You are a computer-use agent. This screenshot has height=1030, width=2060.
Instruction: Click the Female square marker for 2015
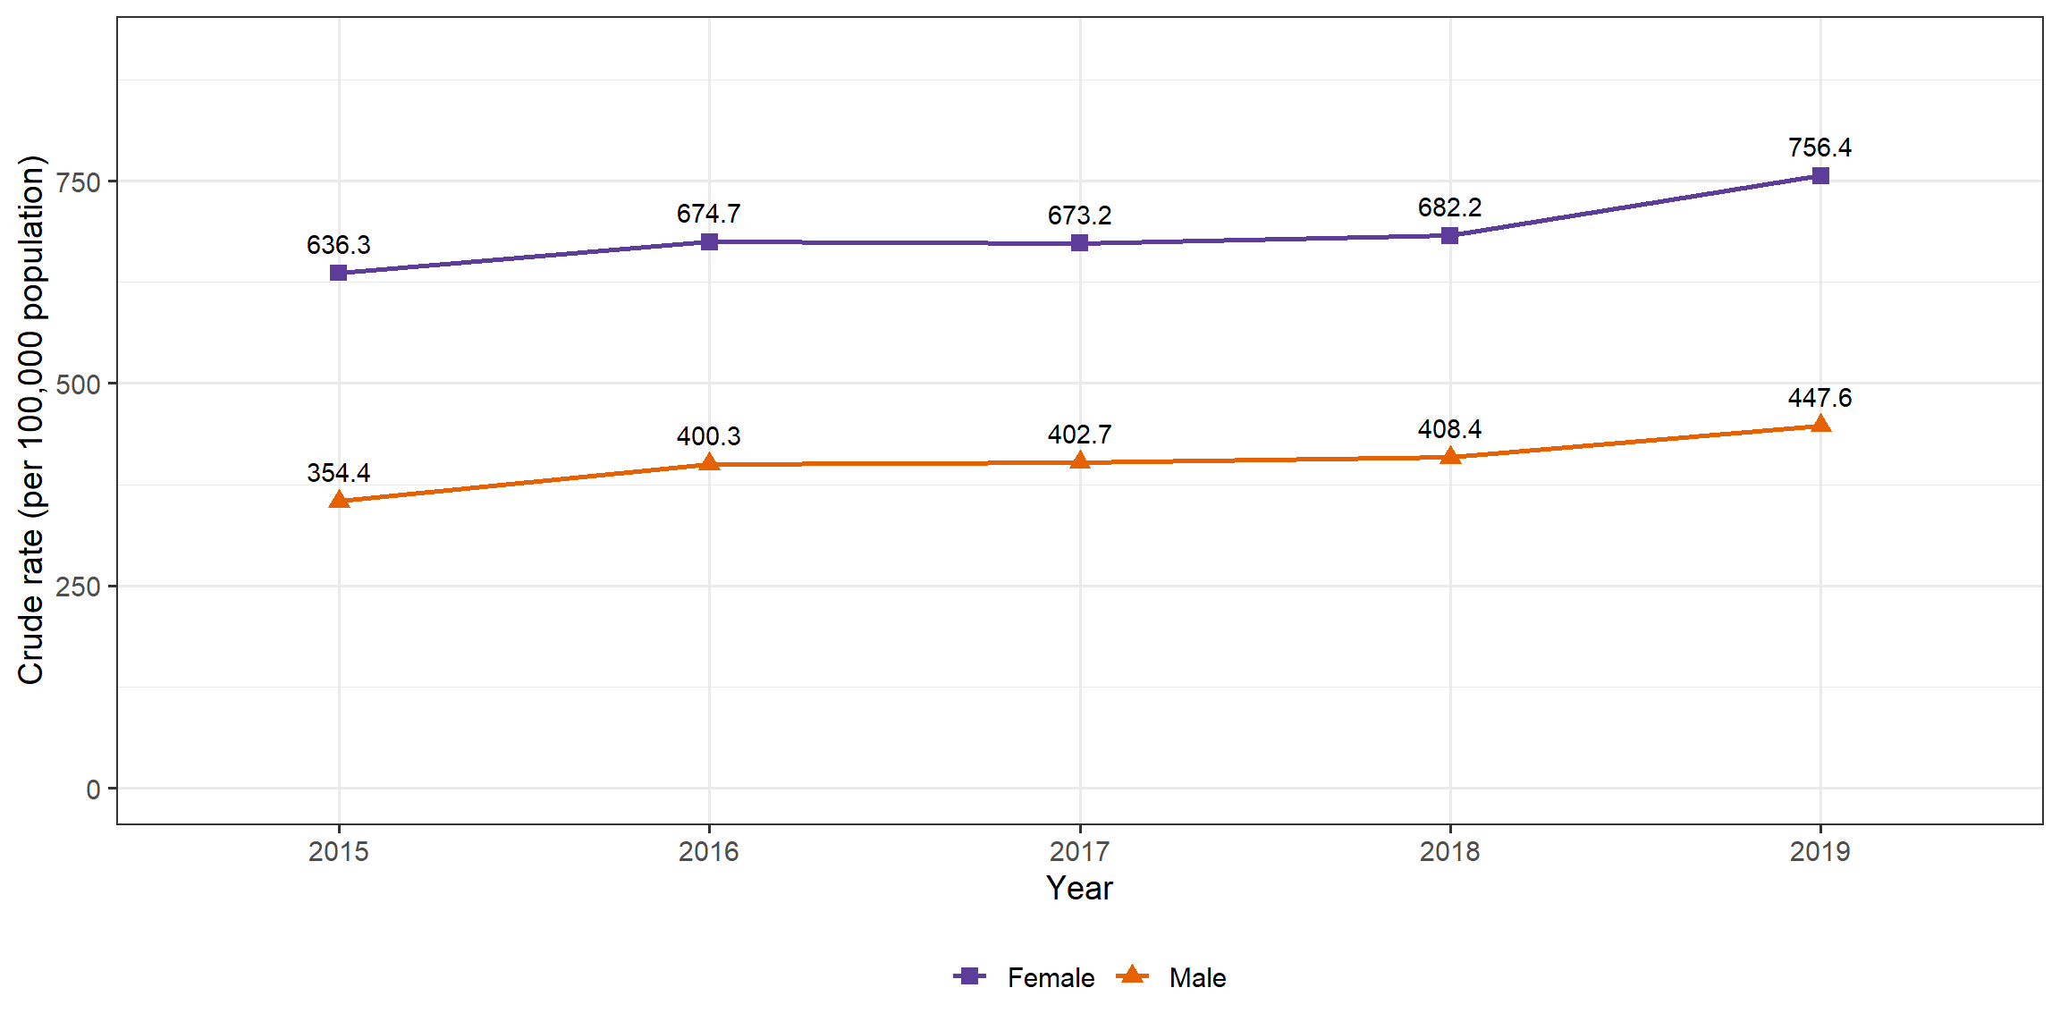pos(338,273)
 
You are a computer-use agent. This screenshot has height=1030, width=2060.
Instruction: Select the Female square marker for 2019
pos(1820,175)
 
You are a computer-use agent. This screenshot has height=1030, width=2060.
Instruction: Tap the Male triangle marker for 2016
pos(709,462)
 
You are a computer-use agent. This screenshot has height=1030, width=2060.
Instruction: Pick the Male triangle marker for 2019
pos(1820,424)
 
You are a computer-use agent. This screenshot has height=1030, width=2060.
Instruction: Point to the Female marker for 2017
pos(1079,242)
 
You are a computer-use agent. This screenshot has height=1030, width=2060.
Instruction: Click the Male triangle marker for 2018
pos(1450,456)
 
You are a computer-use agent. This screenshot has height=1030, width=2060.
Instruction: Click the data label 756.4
pos(1819,148)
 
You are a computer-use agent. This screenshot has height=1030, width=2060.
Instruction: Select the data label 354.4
pos(338,473)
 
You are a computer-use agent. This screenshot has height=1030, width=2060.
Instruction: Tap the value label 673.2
pos(1079,215)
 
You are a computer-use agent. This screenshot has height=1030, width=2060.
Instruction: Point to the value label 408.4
pos(1449,429)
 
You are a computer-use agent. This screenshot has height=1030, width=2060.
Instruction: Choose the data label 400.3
pos(708,436)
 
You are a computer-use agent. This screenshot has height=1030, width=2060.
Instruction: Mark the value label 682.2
pos(1449,207)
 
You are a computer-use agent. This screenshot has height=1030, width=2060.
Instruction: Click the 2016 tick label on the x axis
pos(708,851)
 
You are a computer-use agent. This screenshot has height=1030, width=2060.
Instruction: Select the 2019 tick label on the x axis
pos(1819,851)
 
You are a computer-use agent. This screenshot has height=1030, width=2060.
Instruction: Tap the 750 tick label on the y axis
pos(78,182)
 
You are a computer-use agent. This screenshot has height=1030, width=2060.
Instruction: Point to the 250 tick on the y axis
pos(78,587)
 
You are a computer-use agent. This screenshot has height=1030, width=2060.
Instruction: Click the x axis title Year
pos(1079,888)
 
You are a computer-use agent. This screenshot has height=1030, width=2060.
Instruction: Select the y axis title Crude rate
pos(30,420)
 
